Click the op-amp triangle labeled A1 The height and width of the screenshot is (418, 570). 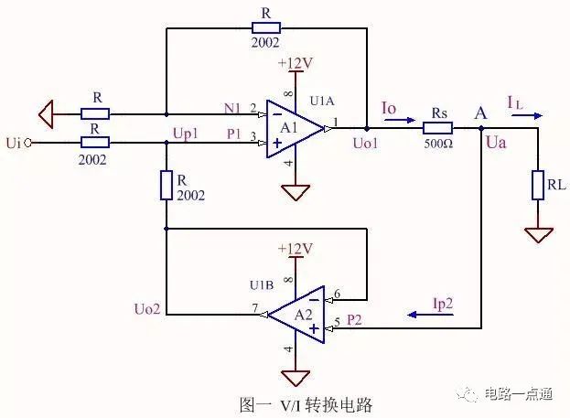click(292, 129)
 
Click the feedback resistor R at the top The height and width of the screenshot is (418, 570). click(264, 27)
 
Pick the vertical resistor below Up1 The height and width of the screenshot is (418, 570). click(166, 186)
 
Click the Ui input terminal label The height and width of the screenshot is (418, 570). click(13, 143)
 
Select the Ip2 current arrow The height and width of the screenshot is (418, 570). click(425, 314)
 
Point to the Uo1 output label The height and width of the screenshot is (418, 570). click(365, 144)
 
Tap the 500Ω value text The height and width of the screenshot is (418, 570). click(437, 144)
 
